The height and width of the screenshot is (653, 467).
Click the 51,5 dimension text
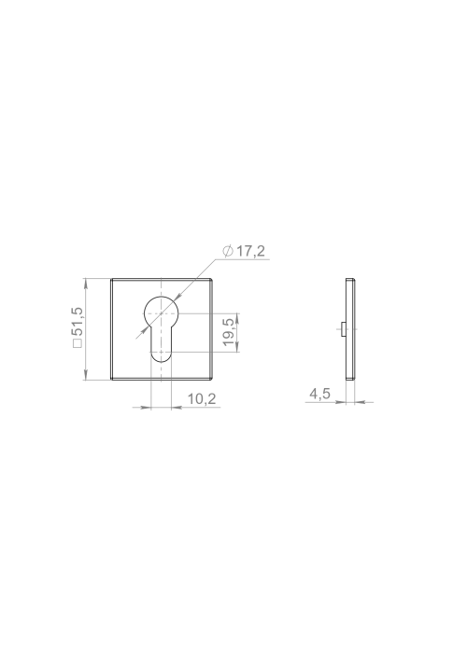click(x=78, y=322)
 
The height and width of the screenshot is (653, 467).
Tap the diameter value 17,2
click(x=251, y=251)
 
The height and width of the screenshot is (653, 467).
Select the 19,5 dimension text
click(x=229, y=332)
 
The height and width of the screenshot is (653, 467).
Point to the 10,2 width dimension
click(x=202, y=398)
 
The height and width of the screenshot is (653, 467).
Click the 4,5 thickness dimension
click(x=319, y=394)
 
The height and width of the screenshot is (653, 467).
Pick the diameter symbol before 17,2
click(x=228, y=251)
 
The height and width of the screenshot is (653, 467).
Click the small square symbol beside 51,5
click(x=78, y=343)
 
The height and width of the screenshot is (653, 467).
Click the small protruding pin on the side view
click(x=343, y=329)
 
